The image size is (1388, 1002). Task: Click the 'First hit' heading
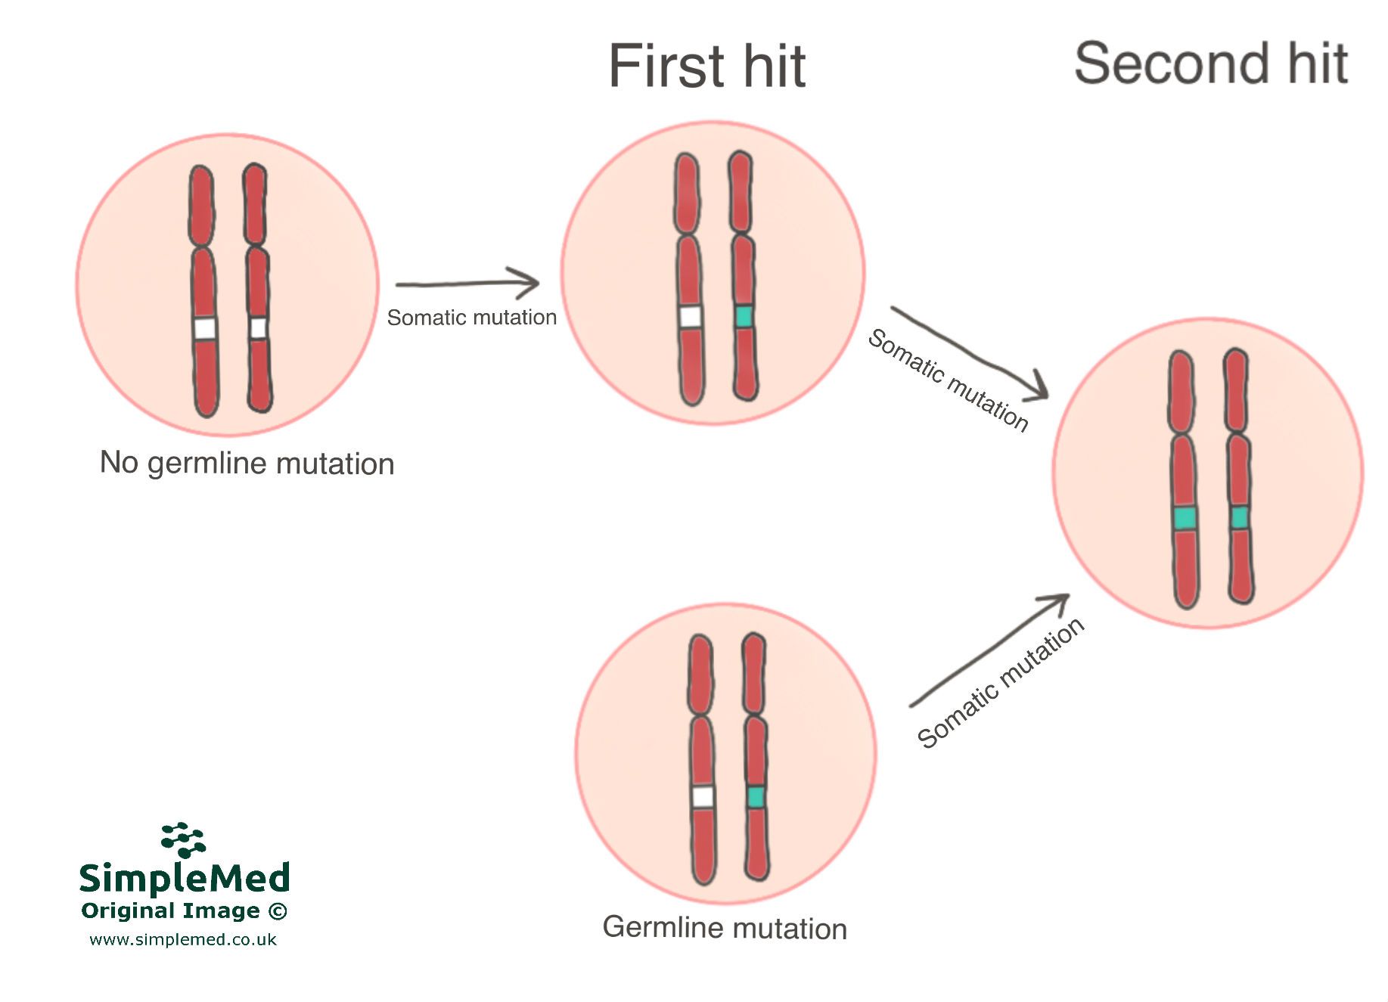(707, 67)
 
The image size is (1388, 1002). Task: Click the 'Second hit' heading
(1211, 64)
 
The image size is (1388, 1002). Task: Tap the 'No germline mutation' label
(247, 463)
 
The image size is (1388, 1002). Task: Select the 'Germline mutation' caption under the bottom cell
(725, 928)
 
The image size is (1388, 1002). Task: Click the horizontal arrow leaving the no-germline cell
(467, 284)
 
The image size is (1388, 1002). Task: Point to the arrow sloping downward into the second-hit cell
(970, 352)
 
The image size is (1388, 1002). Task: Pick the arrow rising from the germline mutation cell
(989, 650)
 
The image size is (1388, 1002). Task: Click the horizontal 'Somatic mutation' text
(472, 318)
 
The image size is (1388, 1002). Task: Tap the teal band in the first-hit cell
(744, 317)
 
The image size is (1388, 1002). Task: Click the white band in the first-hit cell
(690, 317)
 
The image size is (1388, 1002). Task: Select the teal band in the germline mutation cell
(755, 797)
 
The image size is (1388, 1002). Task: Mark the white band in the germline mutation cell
(703, 797)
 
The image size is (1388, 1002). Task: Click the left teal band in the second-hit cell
(1185, 519)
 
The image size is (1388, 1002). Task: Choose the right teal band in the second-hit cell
(1239, 518)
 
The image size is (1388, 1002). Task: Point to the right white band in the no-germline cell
(258, 328)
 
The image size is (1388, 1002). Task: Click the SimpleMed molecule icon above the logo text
(183, 840)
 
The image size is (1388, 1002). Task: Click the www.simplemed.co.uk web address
(183, 940)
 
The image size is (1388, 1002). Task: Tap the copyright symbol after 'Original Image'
(278, 911)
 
